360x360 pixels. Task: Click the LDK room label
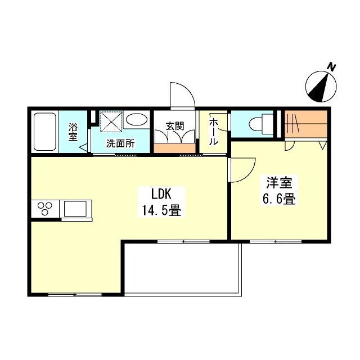pyautogui.click(x=161, y=194)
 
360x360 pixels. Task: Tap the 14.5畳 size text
pyautogui.click(x=161, y=210)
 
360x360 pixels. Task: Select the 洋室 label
pyautogui.click(x=279, y=182)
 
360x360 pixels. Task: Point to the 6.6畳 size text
pyautogui.click(x=279, y=199)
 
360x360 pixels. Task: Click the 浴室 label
pyautogui.click(x=73, y=132)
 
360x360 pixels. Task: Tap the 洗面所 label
pyautogui.click(x=120, y=143)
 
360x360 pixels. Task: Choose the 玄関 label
pyautogui.click(x=175, y=126)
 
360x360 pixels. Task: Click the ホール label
pyautogui.click(x=214, y=132)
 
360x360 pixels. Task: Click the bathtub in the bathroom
pyautogui.click(x=45, y=132)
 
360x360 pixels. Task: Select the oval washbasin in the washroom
pyautogui.click(x=136, y=120)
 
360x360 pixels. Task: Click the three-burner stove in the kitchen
pyautogui.click(x=45, y=209)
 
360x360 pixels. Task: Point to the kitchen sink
pyautogui.click(x=75, y=209)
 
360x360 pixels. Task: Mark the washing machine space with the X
pyautogui.click(x=111, y=121)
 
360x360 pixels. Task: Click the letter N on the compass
pyautogui.click(x=331, y=67)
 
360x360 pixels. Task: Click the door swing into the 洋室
pyautogui.click(x=248, y=174)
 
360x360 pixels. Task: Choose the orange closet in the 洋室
pyautogui.click(x=306, y=124)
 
